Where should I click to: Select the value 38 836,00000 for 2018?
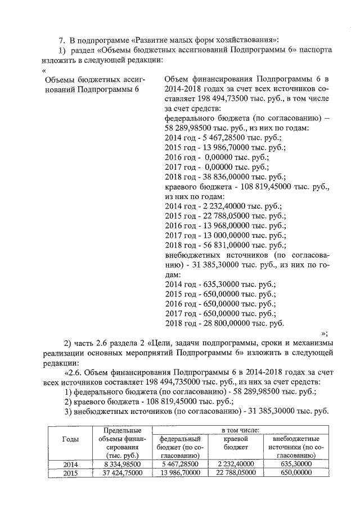pos(220,176)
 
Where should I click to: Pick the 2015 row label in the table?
pos(70,473)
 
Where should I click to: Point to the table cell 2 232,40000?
pos(236,464)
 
